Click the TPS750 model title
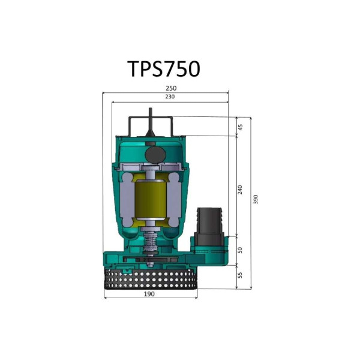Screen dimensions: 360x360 [163, 69]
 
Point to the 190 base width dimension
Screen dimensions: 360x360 [149, 294]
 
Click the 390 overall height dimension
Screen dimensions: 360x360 [256, 199]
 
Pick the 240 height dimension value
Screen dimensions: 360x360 [240, 189]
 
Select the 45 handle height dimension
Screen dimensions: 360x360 [240, 127]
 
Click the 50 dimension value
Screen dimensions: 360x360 [240, 250]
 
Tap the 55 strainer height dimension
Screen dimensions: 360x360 [240, 275]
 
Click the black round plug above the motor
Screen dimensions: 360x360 [155, 154]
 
